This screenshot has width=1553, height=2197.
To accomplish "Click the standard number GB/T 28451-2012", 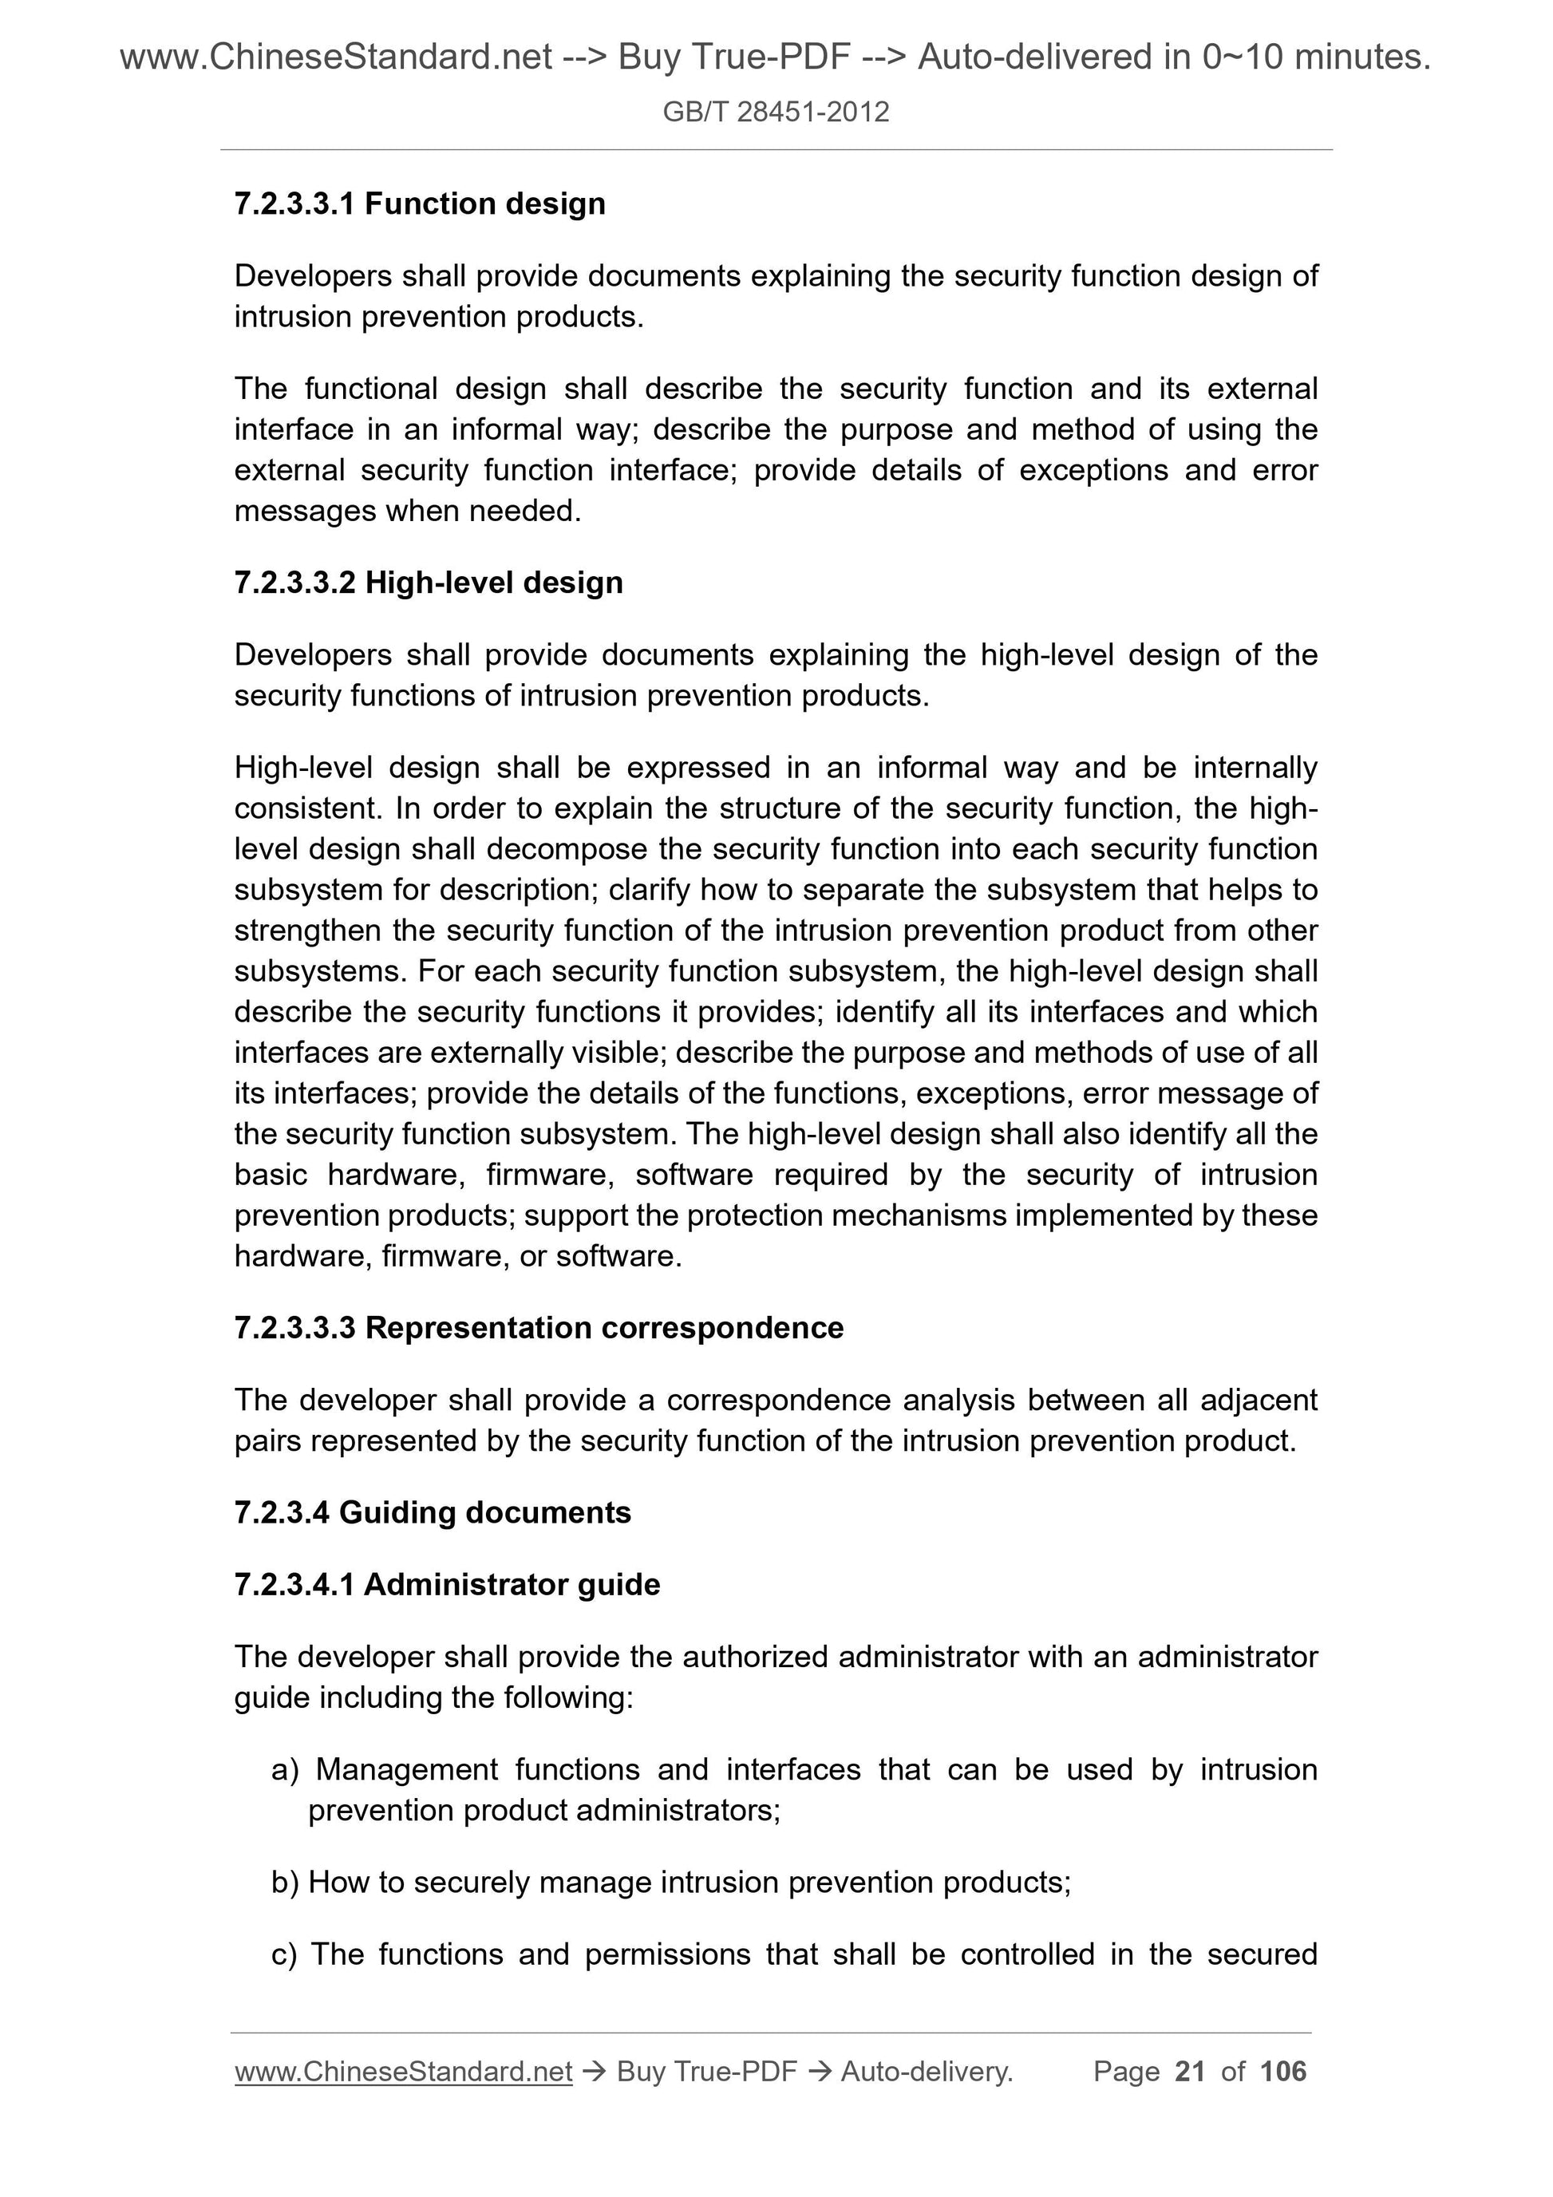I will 775,112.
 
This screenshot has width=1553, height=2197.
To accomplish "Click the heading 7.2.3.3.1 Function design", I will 419,203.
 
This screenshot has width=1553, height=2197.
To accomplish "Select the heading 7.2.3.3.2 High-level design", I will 428,582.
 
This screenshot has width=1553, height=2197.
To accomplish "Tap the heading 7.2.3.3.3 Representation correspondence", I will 538,1327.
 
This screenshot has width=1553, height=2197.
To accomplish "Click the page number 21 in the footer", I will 1189,2071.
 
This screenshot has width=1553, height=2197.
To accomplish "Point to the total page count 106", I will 1282,2071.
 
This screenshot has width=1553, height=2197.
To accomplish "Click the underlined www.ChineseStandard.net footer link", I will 403,2072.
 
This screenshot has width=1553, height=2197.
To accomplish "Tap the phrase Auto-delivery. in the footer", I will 927,2072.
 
